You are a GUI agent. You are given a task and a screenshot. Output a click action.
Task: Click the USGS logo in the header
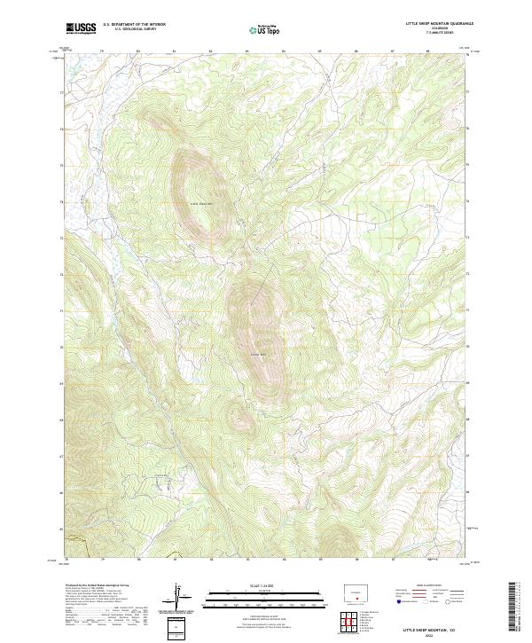click(x=81, y=27)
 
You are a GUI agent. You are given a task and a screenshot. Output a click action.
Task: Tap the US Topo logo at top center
click(x=267, y=28)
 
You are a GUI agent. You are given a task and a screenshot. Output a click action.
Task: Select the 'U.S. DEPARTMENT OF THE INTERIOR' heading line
click(x=134, y=23)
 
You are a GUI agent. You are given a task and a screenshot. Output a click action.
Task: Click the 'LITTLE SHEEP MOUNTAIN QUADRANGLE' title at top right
click(x=439, y=23)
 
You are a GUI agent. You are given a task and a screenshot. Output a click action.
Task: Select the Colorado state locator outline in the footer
click(x=355, y=591)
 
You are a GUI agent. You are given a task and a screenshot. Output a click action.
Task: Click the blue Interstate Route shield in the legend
click(x=399, y=600)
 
